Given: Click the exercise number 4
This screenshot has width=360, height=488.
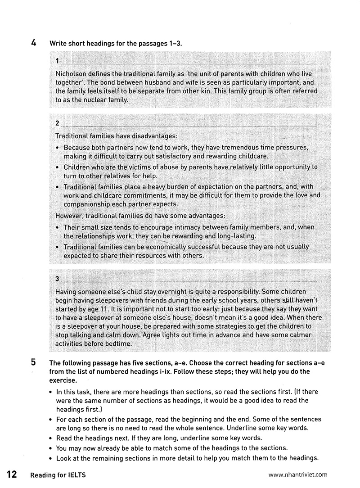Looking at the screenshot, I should tap(34, 43).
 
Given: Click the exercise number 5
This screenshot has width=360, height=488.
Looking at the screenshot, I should tap(34, 363).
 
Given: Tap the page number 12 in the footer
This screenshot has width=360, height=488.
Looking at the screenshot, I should tap(12, 474).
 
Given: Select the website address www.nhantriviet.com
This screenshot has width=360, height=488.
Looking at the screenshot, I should tap(297, 474).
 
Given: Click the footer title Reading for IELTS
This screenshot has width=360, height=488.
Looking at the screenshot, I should tap(58, 474).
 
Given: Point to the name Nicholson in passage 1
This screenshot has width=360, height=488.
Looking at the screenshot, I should tap(71, 73).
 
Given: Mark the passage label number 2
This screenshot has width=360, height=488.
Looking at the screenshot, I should tap(57, 123).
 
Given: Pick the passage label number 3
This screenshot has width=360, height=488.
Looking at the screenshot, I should tap(57, 279).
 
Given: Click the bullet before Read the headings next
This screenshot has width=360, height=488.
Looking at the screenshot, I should tap(51, 438).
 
